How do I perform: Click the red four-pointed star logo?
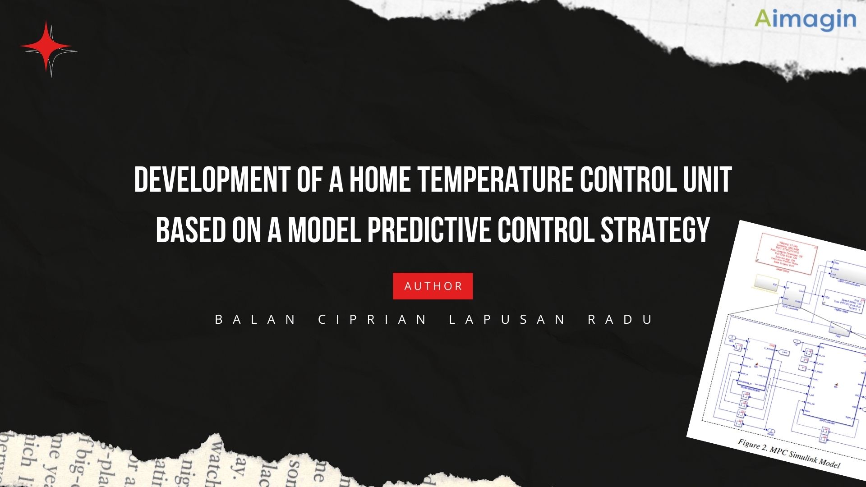point(46,47)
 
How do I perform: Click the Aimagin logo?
point(805,19)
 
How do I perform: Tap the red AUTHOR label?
point(433,286)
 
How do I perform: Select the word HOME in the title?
point(379,179)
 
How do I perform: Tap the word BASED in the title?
point(190,230)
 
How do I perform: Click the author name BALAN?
point(255,319)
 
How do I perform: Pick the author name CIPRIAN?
point(373,319)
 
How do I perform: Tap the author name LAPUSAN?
point(507,319)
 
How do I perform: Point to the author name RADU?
point(621,319)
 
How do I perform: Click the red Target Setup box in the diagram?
point(787,254)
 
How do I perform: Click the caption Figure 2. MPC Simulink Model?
point(789,454)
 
